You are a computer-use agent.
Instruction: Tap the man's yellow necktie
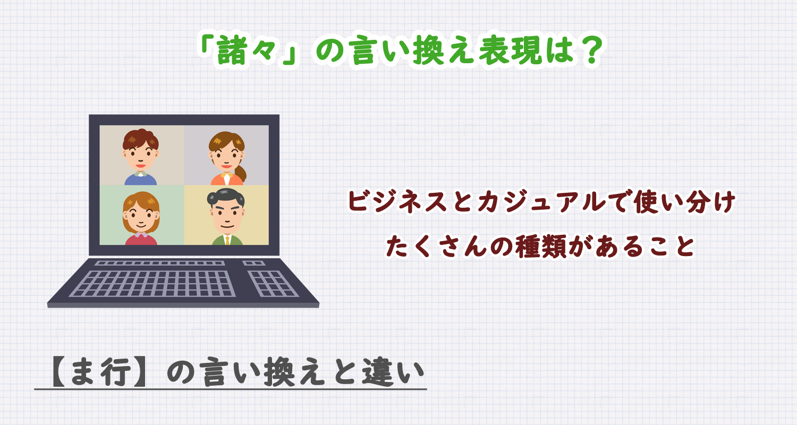227,240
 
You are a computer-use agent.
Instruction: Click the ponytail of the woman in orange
242,173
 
